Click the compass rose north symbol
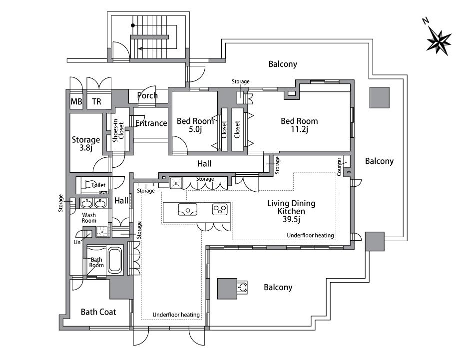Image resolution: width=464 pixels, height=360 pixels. (439, 42)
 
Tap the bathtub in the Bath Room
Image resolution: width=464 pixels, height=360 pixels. (114, 260)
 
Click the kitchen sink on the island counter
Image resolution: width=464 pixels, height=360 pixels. (188, 209)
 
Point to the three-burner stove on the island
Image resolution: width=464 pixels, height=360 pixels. (220, 209)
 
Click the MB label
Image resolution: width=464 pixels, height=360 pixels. (76, 102)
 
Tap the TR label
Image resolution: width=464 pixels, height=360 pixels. (96, 102)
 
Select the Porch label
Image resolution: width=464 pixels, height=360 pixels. (147, 95)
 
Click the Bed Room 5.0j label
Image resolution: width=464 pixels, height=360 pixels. (195, 125)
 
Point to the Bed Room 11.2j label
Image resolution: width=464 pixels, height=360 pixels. (299, 125)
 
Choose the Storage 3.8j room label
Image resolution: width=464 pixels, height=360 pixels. (86, 143)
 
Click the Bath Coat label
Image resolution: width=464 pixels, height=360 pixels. (98, 312)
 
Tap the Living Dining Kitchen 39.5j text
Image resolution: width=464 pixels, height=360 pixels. (292, 211)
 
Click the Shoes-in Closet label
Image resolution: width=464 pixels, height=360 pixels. (118, 130)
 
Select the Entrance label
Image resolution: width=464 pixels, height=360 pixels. (151, 123)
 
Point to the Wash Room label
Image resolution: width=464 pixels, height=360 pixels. (89, 218)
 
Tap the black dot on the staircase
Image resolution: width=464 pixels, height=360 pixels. (133, 25)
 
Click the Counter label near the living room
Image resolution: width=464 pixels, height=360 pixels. (339, 167)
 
